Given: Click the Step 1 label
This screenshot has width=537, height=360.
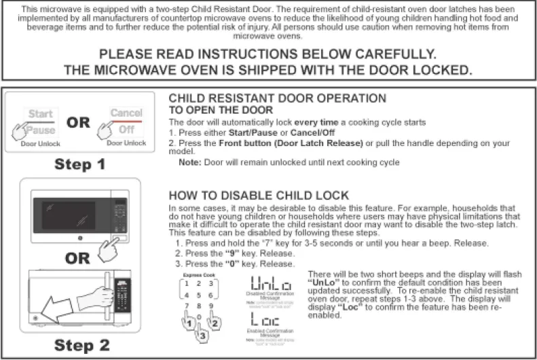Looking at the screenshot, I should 80,164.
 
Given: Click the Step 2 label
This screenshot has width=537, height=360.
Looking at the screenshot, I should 81,344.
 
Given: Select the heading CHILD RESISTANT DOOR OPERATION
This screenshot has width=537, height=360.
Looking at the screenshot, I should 277,98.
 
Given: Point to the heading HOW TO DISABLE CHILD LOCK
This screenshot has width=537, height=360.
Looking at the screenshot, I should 258,195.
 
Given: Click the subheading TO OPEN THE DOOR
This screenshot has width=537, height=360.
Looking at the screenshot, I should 221,110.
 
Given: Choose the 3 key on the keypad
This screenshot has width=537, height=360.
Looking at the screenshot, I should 211,283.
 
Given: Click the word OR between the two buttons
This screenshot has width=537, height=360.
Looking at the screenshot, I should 78,124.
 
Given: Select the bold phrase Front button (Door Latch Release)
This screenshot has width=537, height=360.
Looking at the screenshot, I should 275,143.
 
